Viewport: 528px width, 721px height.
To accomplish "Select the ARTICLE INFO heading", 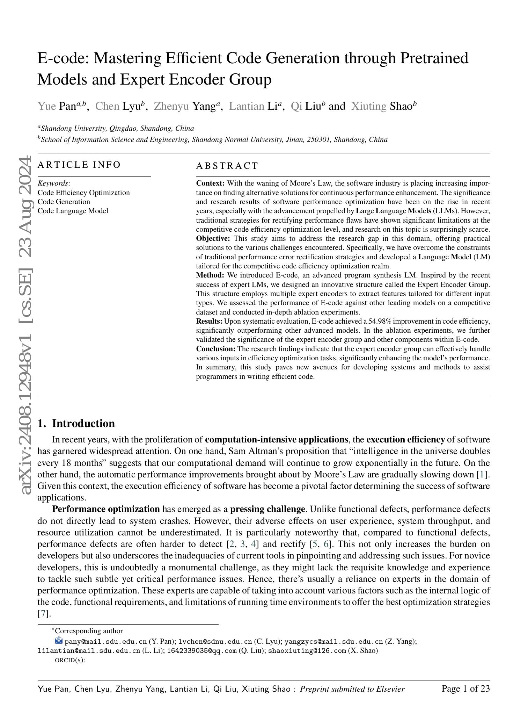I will [x=79, y=165].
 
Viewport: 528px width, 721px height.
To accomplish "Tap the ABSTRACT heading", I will [x=227, y=166].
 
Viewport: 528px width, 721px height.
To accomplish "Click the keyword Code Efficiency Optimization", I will [x=83, y=193].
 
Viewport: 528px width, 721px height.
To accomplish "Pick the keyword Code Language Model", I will [x=73, y=211].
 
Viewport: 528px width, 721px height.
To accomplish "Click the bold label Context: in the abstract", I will [x=210, y=183].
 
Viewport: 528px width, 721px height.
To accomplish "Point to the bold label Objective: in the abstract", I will [x=213, y=239].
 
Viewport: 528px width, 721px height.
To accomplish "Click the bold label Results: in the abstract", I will [x=209, y=321].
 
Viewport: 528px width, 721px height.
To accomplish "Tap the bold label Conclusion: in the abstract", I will [x=216, y=349].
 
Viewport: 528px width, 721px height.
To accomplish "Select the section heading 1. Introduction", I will [x=76, y=423].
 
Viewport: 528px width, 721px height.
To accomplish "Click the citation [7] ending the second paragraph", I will [x=42, y=613].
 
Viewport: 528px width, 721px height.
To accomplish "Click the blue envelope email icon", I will [x=59, y=641].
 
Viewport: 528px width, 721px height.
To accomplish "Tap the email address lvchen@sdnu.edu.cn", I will [x=215, y=642].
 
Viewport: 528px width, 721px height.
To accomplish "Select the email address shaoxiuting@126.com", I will [x=307, y=651].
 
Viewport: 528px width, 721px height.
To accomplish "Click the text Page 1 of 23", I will [x=465, y=689].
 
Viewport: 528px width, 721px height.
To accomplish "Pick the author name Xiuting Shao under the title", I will [x=384, y=106].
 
